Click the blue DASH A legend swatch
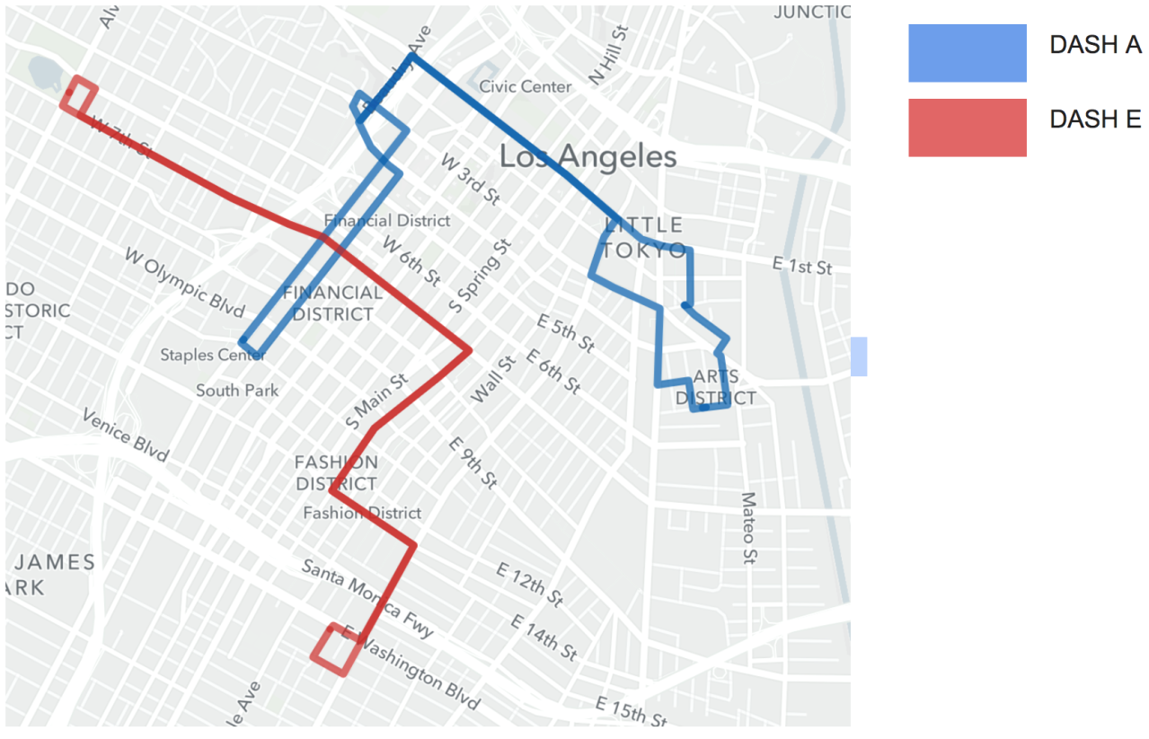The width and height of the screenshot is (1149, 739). click(967, 53)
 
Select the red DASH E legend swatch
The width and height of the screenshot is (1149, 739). click(967, 128)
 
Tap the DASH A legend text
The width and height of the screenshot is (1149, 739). click(1095, 46)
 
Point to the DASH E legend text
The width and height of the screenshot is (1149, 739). click(1095, 119)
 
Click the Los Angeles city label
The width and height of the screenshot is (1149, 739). click(588, 157)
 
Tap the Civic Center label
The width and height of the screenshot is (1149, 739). click(526, 87)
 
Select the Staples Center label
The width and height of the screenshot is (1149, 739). click(213, 355)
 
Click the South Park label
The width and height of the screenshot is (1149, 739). click(237, 390)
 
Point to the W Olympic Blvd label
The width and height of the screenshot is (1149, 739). click(184, 283)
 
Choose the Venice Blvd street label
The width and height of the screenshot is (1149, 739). click(125, 435)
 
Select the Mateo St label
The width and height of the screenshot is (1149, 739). click(748, 528)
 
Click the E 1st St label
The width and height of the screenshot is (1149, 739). click(802, 267)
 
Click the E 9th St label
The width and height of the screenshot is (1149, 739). click(473, 462)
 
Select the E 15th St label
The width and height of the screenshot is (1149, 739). click(632, 711)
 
